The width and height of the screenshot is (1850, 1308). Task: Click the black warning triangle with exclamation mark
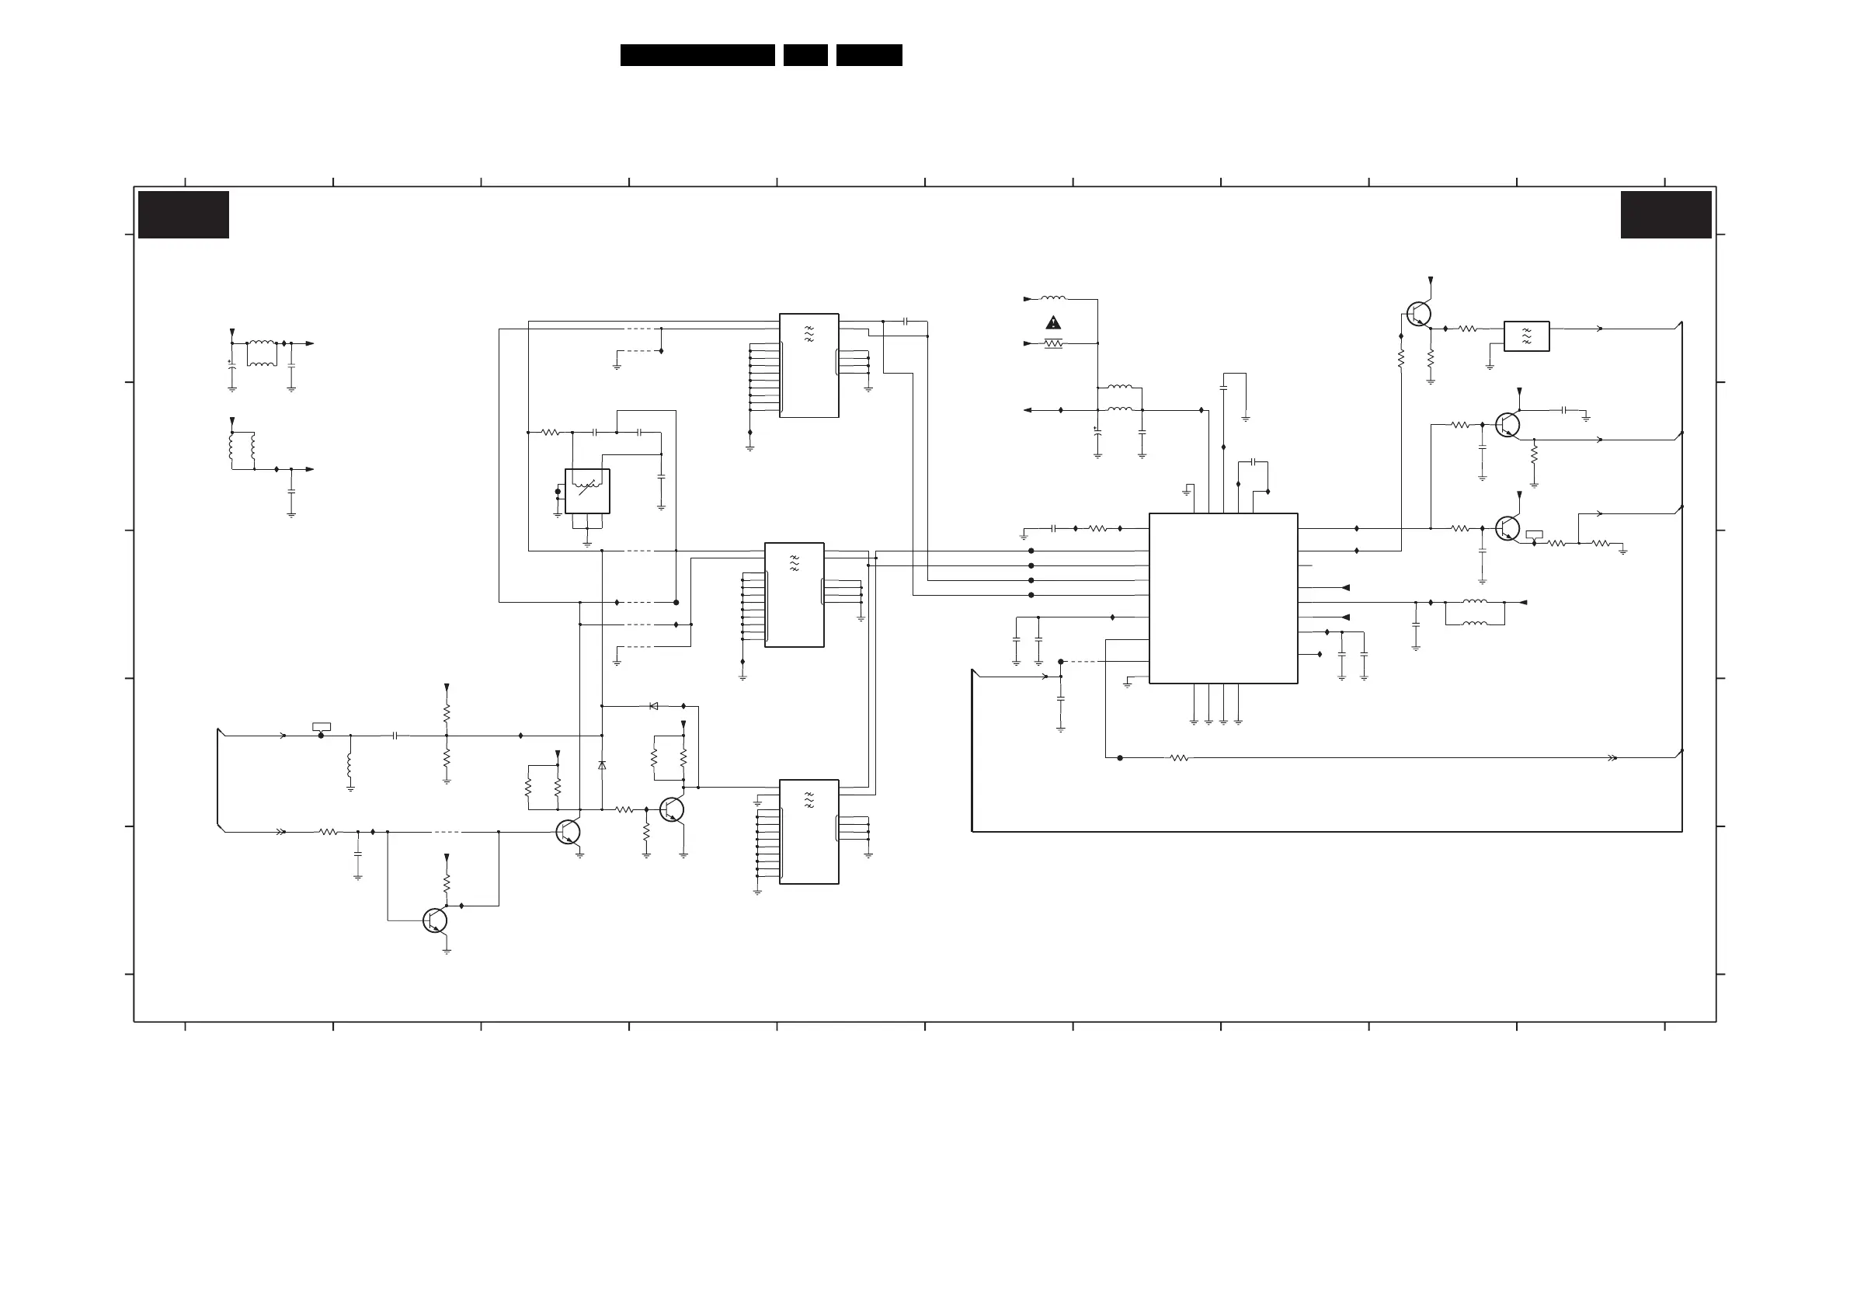tap(1053, 323)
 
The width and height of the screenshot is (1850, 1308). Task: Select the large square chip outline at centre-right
tap(1223, 598)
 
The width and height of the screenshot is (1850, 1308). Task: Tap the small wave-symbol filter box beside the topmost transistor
tap(1526, 336)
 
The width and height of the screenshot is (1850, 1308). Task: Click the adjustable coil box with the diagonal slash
tap(587, 491)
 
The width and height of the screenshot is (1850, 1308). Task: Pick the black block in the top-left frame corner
tap(184, 214)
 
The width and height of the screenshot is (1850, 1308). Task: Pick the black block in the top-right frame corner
tap(1665, 214)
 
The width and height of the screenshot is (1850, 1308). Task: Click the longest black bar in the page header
tap(697, 55)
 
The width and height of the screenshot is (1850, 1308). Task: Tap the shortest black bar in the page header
tap(805, 55)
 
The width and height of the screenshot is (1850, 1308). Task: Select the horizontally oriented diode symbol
tap(653, 706)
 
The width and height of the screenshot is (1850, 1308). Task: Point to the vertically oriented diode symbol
tap(602, 765)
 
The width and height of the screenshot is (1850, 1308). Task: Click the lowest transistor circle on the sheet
tap(434, 920)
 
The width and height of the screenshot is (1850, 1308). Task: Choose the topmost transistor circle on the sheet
tap(1418, 315)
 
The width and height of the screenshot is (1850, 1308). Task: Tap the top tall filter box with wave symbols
tap(809, 365)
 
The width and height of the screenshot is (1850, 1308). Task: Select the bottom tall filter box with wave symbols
tap(809, 832)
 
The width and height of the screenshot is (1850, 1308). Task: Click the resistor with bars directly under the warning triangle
tap(1053, 343)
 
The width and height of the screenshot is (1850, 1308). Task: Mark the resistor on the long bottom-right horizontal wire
tap(1179, 757)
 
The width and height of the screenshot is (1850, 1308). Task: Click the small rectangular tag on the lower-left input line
tap(321, 727)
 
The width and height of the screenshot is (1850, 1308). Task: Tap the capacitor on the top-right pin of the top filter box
tap(906, 321)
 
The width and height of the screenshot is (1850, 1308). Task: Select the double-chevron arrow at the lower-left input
tap(280, 832)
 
